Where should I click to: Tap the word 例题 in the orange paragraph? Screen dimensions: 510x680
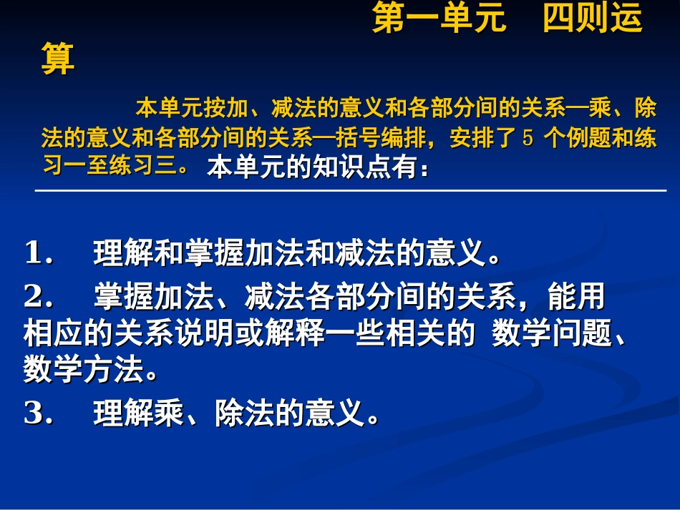tap(590, 138)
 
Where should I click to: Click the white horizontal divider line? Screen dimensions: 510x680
tap(351, 191)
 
